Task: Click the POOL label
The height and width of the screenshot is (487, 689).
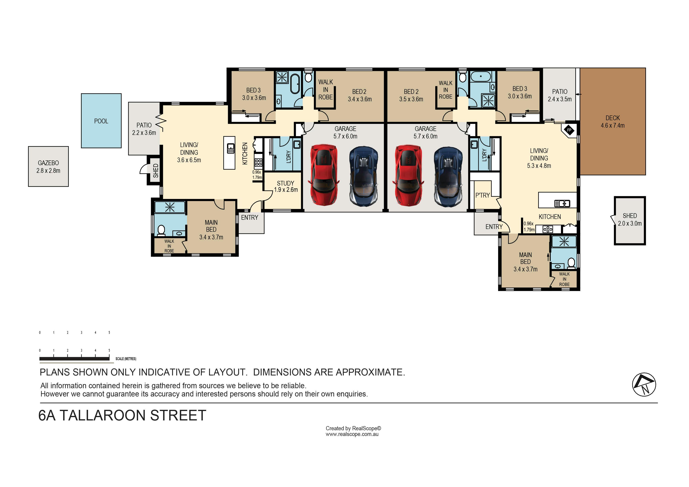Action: click(101, 121)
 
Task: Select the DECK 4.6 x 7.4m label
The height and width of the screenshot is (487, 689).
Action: click(612, 122)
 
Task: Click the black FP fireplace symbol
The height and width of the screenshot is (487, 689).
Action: click(569, 130)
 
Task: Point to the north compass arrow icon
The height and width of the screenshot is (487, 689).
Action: click(644, 384)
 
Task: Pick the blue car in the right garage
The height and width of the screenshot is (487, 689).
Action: click(448, 177)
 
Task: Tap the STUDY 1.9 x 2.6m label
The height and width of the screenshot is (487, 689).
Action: click(286, 186)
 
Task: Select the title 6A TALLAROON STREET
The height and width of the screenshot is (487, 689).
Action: click(122, 416)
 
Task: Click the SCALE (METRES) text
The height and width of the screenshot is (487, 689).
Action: click(126, 359)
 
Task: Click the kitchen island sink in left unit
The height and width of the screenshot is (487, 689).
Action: click(230, 148)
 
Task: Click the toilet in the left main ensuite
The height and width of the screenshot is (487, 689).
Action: click(161, 230)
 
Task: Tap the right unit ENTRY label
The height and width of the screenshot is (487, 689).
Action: click(494, 227)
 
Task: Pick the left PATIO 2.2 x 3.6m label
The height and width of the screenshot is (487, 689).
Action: click(144, 129)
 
